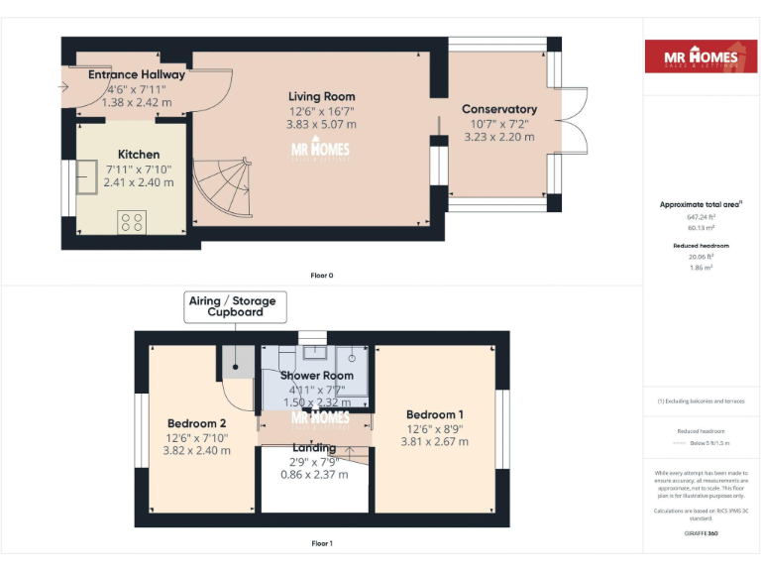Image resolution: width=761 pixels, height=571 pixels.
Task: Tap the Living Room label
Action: tap(322, 97)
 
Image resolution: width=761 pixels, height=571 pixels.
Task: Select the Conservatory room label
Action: tap(499, 109)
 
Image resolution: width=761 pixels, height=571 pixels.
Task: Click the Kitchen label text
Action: tap(139, 155)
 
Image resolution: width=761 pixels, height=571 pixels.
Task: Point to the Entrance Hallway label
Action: tap(137, 74)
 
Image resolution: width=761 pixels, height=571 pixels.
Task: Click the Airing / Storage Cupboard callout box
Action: tap(235, 305)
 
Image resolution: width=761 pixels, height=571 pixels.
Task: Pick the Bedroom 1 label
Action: tap(435, 414)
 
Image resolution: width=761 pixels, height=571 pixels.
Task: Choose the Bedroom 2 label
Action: tap(195, 423)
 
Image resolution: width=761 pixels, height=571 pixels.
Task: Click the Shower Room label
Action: tap(316, 376)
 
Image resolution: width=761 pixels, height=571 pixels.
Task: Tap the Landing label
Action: tap(313, 448)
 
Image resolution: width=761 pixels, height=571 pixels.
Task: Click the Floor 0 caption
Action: tap(322, 275)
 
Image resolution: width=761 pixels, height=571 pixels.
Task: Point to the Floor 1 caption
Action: tap(322, 543)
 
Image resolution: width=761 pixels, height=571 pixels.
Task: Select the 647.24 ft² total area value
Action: tap(701, 216)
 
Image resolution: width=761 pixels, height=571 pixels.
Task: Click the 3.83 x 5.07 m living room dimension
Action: tap(322, 125)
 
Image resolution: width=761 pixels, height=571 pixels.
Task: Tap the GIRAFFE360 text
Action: tap(701, 534)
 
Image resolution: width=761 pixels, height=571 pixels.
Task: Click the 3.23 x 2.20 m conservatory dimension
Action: tap(499, 138)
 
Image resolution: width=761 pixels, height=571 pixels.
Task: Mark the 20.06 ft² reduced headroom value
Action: tap(701, 256)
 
